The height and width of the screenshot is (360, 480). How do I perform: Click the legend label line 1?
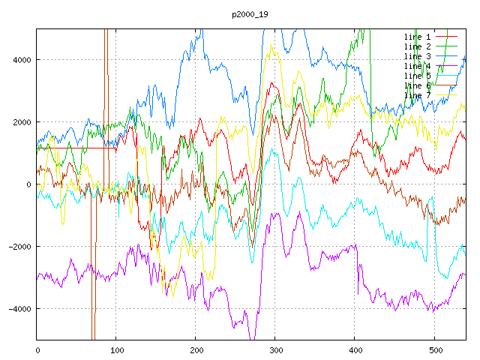[x=417, y=37]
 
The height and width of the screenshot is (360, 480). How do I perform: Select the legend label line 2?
[x=417, y=46]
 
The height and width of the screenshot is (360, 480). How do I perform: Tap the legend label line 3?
[x=417, y=56]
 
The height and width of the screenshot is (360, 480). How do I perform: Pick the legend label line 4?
[x=417, y=66]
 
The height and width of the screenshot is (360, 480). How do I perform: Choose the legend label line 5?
[x=417, y=76]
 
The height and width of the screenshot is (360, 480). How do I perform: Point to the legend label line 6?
[x=417, y=85]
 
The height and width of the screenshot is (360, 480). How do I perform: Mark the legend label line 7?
[x=417, y=95]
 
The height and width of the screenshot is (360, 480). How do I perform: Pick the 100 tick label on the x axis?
[x=116, y=349]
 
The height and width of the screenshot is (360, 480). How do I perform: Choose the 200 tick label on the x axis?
[x=196, y=349]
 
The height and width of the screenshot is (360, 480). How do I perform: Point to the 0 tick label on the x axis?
[x=37, y=349]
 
